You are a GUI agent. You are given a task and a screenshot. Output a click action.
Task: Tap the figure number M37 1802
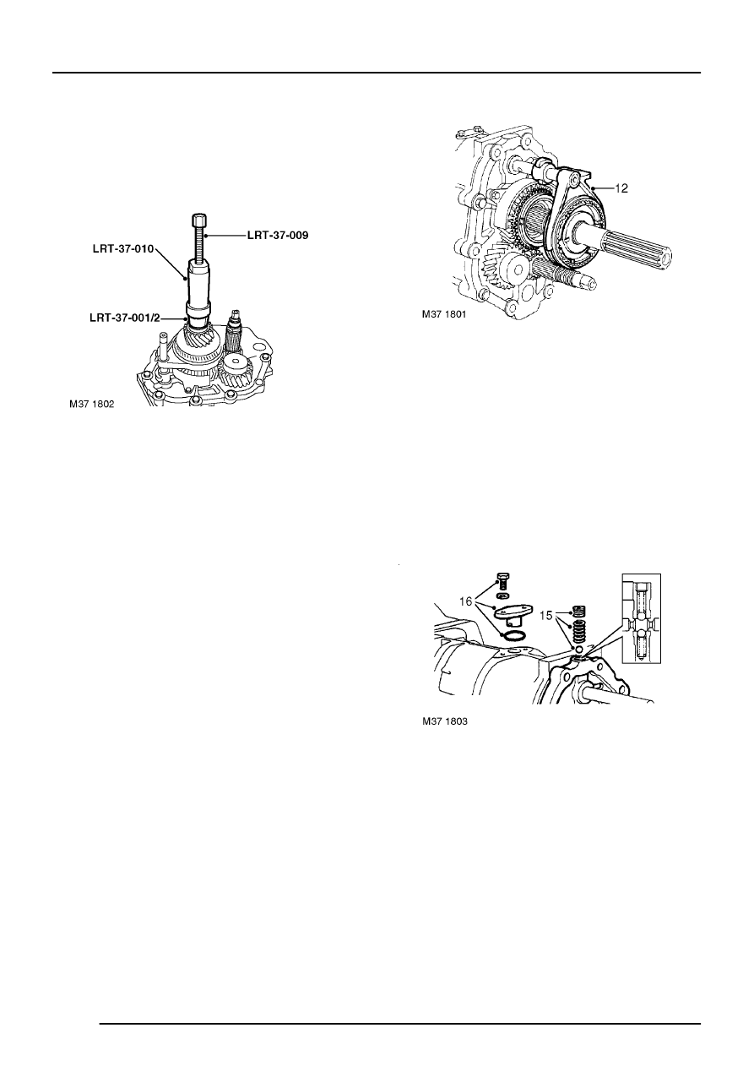[91, 405]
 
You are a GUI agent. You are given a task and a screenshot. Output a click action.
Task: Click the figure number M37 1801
[444, 314]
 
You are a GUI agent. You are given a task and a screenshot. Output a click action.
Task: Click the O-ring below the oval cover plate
[512, 634]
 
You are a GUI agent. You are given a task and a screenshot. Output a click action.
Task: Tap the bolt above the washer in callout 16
[502, 580]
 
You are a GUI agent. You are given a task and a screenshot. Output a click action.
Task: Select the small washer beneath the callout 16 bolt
[502, 596]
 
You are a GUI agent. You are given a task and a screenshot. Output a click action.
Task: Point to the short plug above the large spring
[578, 611]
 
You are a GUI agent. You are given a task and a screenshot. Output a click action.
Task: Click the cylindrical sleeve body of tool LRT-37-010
[201, 287]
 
